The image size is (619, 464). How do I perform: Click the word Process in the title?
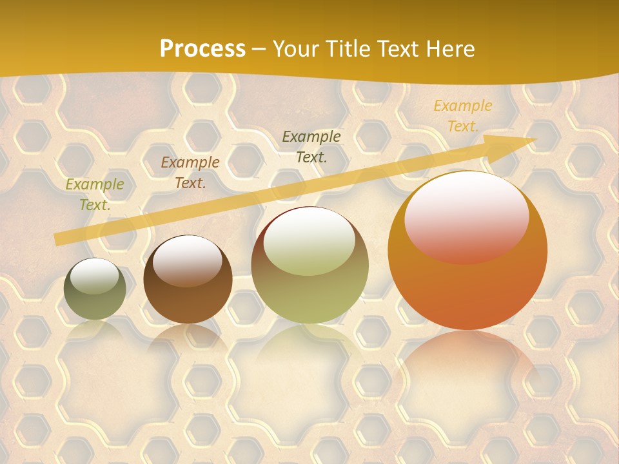pos(202,49)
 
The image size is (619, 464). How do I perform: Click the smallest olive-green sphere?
pos(95,296)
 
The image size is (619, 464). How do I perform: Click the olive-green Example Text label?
pos(94,195)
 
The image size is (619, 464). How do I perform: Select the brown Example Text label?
pos(190,173)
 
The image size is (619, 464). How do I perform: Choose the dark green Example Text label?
pos(311,146)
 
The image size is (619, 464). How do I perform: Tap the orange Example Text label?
pos(462,116)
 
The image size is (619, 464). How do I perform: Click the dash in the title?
pos(259,50)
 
